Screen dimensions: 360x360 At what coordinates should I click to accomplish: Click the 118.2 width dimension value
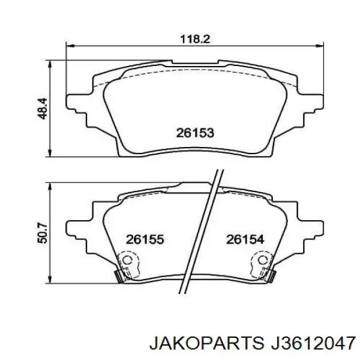click(195, 39)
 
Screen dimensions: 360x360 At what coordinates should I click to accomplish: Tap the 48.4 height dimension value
click(42, 109)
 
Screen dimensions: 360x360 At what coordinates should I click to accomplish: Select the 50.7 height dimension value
click(42, 233)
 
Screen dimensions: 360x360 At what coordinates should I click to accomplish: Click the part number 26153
click(195, 133)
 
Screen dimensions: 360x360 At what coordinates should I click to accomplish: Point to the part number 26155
click(145, 239)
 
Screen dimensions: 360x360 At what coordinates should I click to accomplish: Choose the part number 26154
click(245, 239)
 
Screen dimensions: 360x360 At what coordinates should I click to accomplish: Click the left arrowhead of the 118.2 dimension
click(70, 46)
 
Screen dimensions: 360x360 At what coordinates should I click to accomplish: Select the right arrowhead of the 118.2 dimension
click(320, 46)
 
